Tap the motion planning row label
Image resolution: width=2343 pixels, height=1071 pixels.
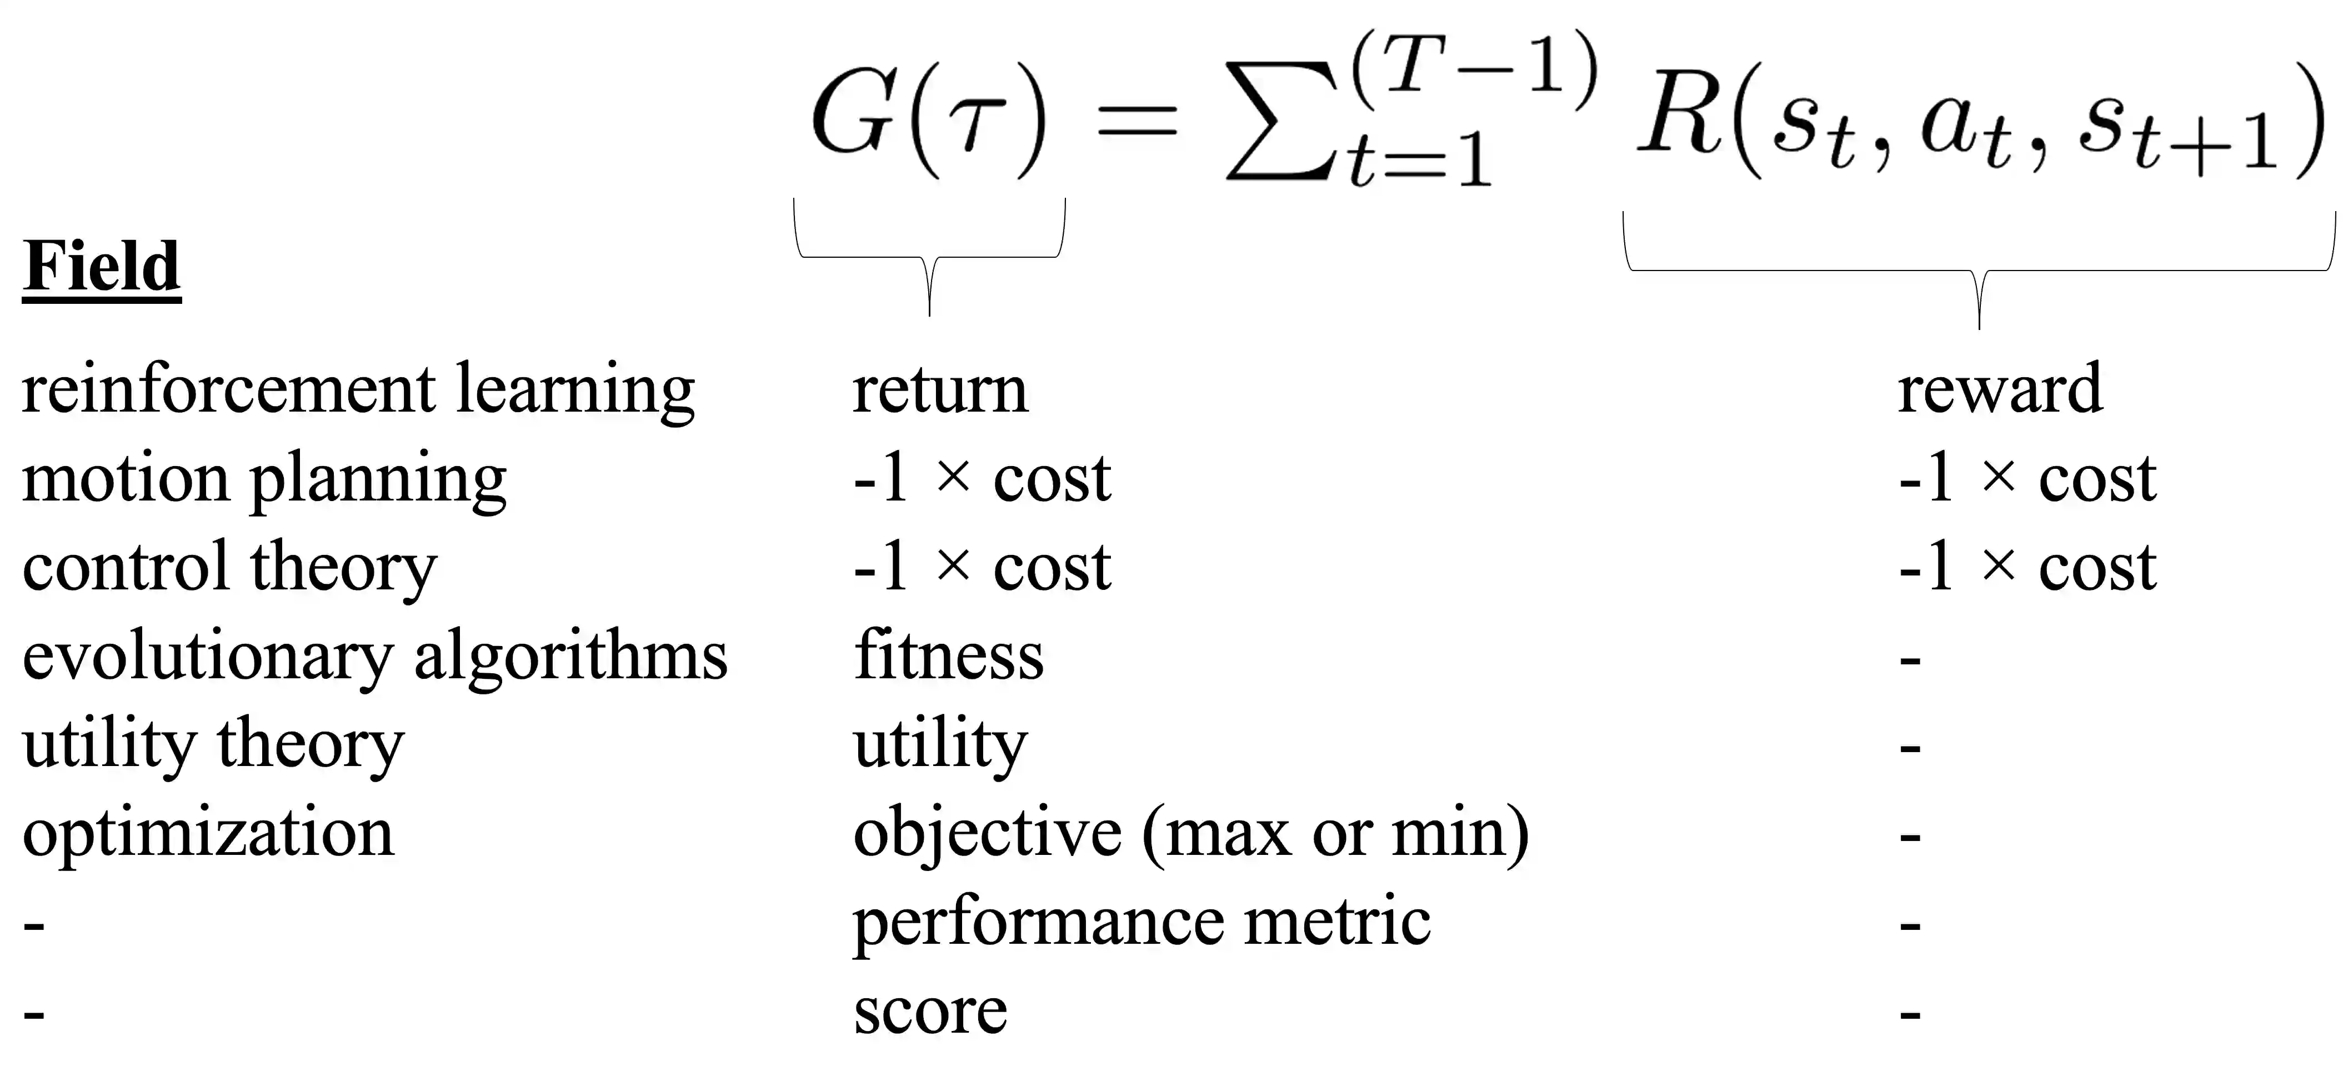coord(264,479)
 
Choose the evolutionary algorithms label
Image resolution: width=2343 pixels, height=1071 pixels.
coord(375,656)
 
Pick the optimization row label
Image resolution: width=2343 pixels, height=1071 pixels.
coord(208,833)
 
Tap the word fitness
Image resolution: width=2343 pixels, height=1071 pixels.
coord(949,656)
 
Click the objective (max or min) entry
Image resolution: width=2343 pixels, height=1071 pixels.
coord(1190,833)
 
